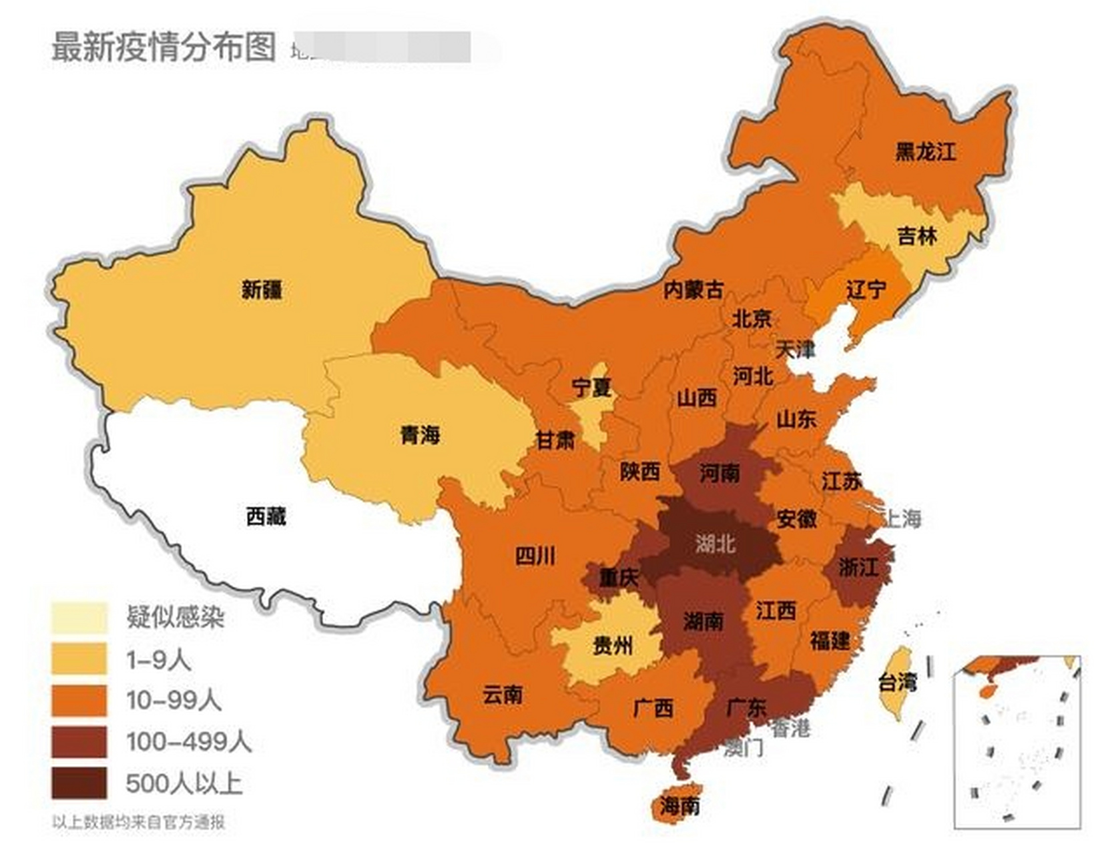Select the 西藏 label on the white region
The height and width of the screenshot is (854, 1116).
[x=266, y=516]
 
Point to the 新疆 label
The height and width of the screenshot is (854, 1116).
[x=262, y=290]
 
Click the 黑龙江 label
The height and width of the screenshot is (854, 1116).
[x=924, y=151]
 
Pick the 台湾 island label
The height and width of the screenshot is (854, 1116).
[x=897, y=682]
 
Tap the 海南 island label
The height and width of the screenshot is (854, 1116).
[x=679, y=805]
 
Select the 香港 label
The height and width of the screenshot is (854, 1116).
[x=790, y=729]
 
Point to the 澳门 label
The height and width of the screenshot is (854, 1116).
[x=744, y=749]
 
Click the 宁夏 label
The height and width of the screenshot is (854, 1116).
[x=591, y=388]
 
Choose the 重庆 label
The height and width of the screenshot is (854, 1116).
[x=618, y=577]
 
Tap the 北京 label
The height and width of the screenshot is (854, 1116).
[x=752, y=319]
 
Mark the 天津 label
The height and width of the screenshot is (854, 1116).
[x=794, y=348]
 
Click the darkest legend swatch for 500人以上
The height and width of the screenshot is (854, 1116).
[x=79, y=783]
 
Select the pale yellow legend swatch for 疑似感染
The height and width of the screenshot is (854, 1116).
[x=79, y=617]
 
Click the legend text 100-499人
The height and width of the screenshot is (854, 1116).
[x=189, y=741]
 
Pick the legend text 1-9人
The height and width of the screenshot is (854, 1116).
[x=159, y=659]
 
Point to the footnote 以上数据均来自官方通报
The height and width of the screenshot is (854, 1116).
[x=138, y=822]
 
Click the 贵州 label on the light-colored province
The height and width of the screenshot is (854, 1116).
[x=613, y=645]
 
